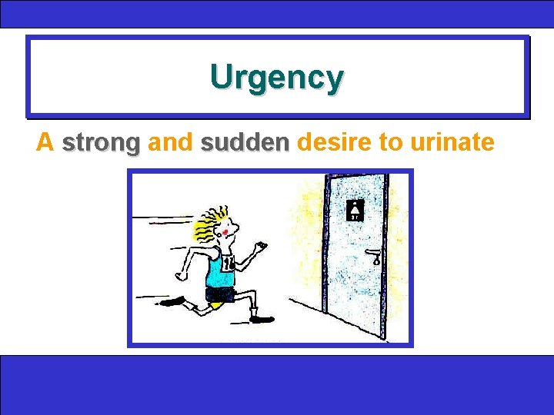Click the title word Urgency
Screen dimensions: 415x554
click(276, 78)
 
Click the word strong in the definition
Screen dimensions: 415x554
click(101, 142)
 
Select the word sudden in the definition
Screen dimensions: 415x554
click(244, 142)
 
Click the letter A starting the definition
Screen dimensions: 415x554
click(45, 142)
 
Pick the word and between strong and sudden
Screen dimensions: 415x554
click(169, 142)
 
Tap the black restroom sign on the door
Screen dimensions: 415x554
click(355, 209)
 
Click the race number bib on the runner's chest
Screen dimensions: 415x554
click(229, 263)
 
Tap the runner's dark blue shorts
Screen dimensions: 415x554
click(219, 294)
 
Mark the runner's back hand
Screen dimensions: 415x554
click(182, 273)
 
